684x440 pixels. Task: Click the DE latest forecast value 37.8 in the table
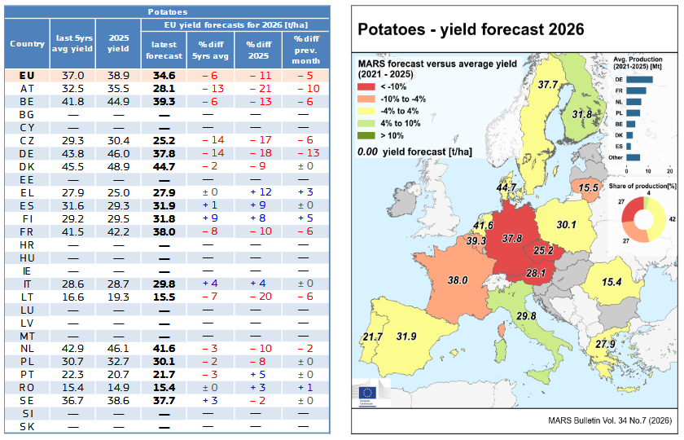pyautogui.click(x=164, y=154)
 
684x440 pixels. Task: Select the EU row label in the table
pyautogui.click(x=27, y=76)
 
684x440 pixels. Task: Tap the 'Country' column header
pyautogui.click(x=27, y=44)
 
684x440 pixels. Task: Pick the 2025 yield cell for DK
pyautogui.click(x=118, y=167)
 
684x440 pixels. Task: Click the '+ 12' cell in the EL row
pyautogui.click(x=261, y=192)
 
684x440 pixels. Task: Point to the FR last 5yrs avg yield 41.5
pyautogui.click(x=72, y=231)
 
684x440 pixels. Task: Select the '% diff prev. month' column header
pyautogui.click(x=306, y=50)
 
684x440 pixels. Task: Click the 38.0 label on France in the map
pyautogui.click(x=457, y=280)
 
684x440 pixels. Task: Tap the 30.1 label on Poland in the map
pyautogui.click(x=566, y=225)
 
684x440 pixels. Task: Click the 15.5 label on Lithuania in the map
pyautogui.click(x=588, y=187)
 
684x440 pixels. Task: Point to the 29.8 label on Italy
pyautogui.click(x=526, y=315)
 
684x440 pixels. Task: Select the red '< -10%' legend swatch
pyautogui.click(x=366, y=87)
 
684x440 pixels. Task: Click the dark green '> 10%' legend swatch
pyautogui.click(x=366, y=136)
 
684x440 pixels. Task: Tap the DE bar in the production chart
pyautogui.click(x=639, y=80)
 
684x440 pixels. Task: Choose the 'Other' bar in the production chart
pyautogui.click(x=633, y=157)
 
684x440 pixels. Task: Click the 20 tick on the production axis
pyautogui.click(x=669, y=171)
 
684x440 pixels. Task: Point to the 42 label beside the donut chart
pyautogui.click(x=673, y=219)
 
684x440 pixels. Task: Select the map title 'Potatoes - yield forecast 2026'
pyautogui.click(x=471, y=29)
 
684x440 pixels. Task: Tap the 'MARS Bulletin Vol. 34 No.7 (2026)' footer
pyautogui.click(x=610, y=420)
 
